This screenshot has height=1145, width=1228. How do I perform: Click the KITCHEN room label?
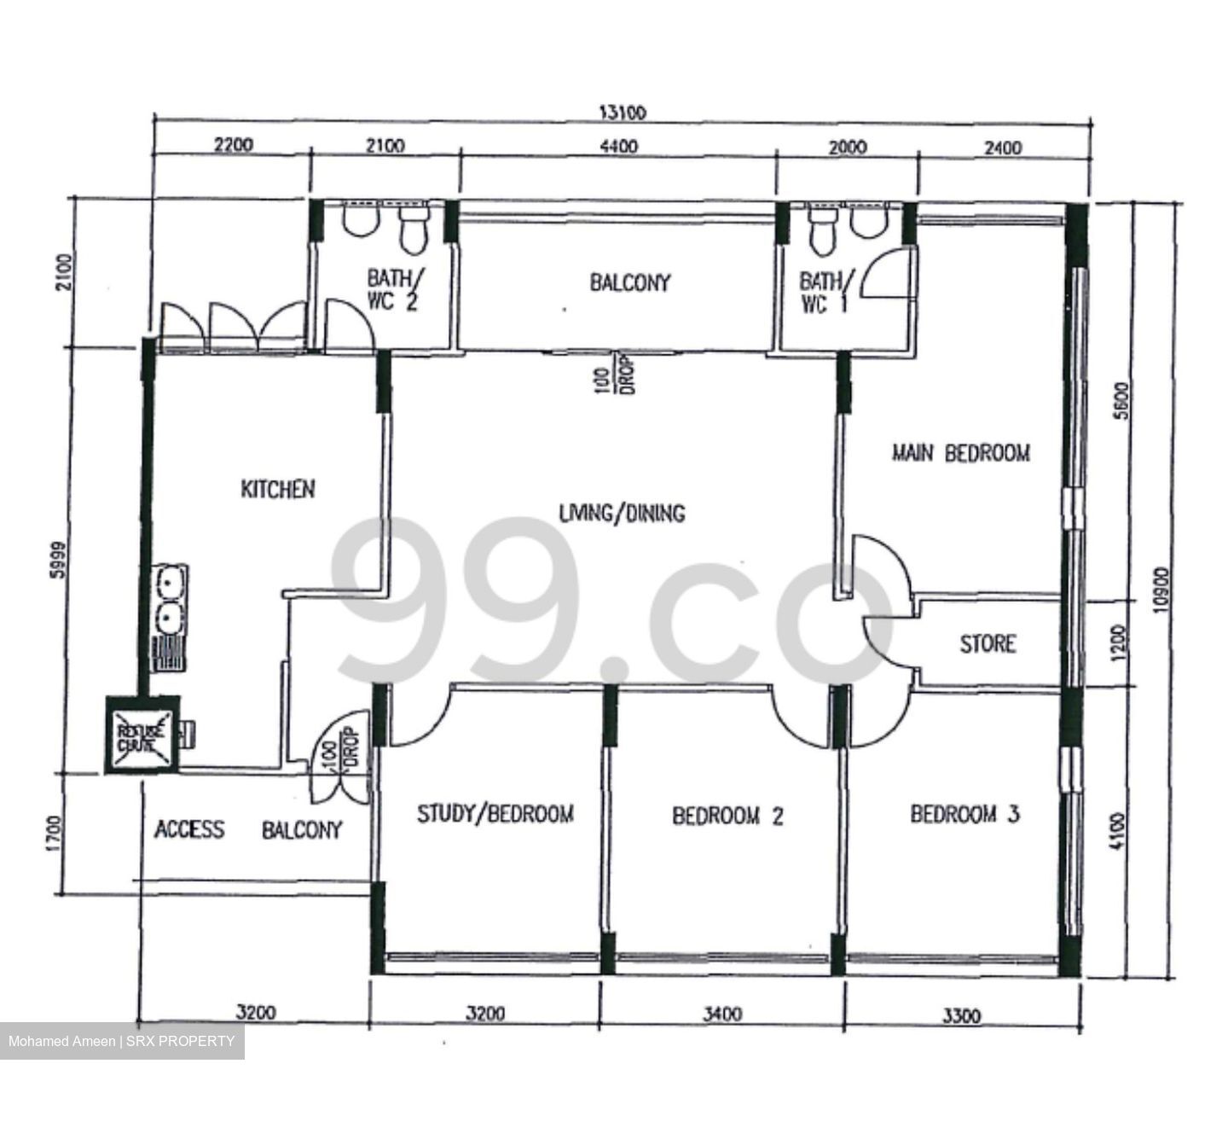pyautogui.click(x=277, y=489)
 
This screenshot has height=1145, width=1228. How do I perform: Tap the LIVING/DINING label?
pyautogui.click(x=622, y=513)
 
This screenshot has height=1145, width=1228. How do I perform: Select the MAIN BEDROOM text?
pyautogui.click(x=960, y=453)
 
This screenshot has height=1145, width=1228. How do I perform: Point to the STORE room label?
pyautogui.click(x=988, y=643)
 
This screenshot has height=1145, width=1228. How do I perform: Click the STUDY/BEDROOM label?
pyautogui.click(x=495, y=814)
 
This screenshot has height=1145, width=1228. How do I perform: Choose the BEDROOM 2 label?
pyautogui.click(x=727, y=817)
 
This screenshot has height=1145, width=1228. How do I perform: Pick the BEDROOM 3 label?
pyautogui.click(x=964, y=814)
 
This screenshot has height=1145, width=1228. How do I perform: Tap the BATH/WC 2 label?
pyautogui.click(x=392, y=290)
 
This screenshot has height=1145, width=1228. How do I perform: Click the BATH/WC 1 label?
pyautogui.click(x=823, y=292)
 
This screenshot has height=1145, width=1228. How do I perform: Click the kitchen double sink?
pyautogui.click(x=169, y=601)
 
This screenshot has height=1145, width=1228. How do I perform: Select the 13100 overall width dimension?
pyautogui.click(x=623, y=113)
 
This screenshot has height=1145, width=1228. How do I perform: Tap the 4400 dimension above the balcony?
pyautogui.click(x=618, y=147)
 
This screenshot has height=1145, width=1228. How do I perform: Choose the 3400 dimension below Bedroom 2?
pyautogui.click(x=721, y=1014)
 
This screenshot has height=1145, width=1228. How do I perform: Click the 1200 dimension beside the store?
pyautogui.click(x=1119, y=642)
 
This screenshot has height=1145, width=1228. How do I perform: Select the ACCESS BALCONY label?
pyautogui.click(x=248, y=829)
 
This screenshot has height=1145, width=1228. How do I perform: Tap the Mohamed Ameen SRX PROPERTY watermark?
pyautogui.click(x=121, y=1041)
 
